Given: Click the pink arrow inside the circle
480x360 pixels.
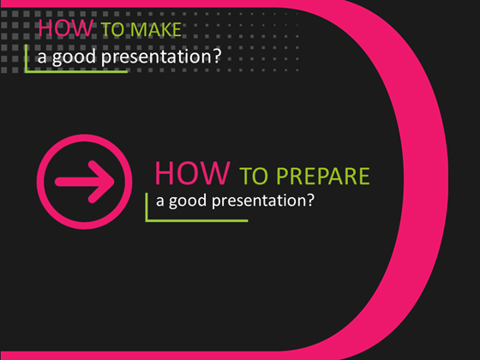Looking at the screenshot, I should [84, 181].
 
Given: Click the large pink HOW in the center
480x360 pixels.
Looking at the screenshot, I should [193, 173].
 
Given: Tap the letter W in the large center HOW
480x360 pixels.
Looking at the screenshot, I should [218, 173].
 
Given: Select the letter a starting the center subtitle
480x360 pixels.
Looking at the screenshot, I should [161, 203].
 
